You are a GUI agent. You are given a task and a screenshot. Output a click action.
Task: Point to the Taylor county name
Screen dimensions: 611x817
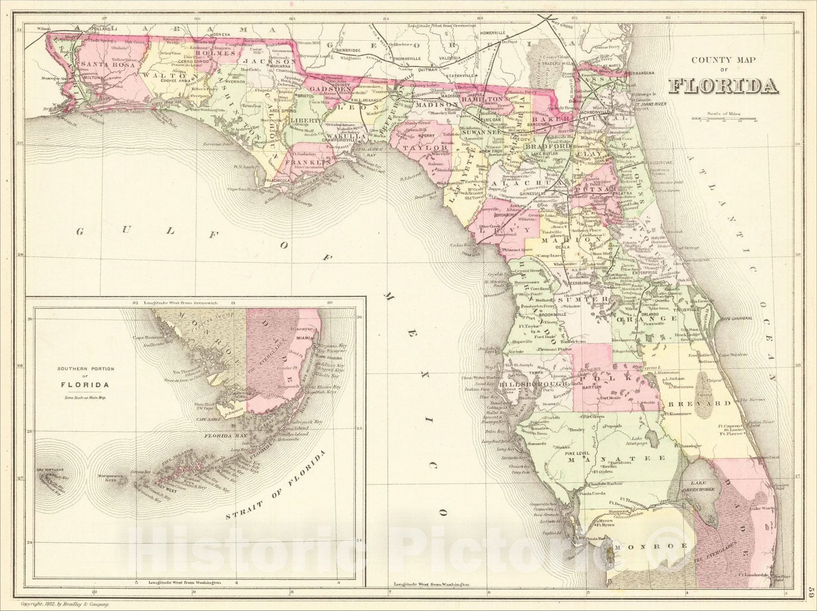[x=432, y=148]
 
